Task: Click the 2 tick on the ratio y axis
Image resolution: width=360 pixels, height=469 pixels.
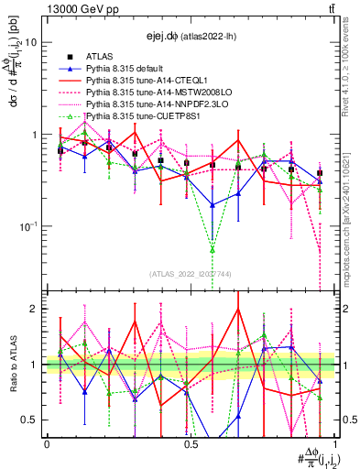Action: point(35,309)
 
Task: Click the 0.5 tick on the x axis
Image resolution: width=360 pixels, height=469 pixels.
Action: point(191,443)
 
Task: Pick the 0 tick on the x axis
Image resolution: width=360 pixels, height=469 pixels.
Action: point(47,443)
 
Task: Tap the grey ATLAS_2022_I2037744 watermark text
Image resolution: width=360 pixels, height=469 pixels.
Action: point(190,274)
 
